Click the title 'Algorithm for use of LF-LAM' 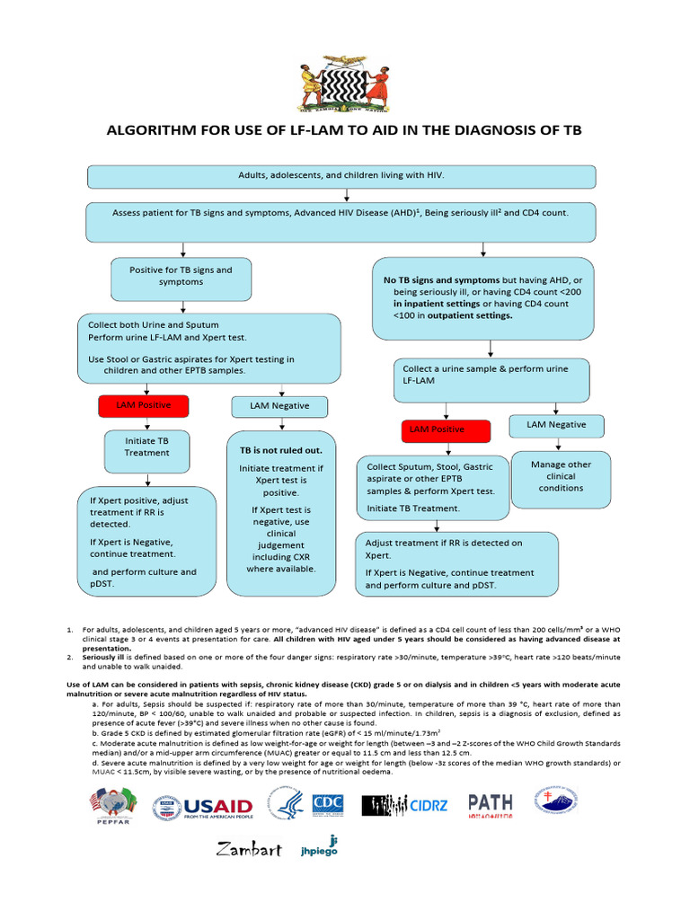pos(344,130)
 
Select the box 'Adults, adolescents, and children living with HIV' pos(341,175)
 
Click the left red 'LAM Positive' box pos(134,406)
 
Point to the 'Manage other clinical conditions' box pos(561,476)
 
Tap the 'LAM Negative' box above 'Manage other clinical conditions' pos(556,424)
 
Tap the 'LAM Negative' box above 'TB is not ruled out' pos(279,406)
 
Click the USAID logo pos(203,806)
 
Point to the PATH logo pos(490,806)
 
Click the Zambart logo pos(249,848)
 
